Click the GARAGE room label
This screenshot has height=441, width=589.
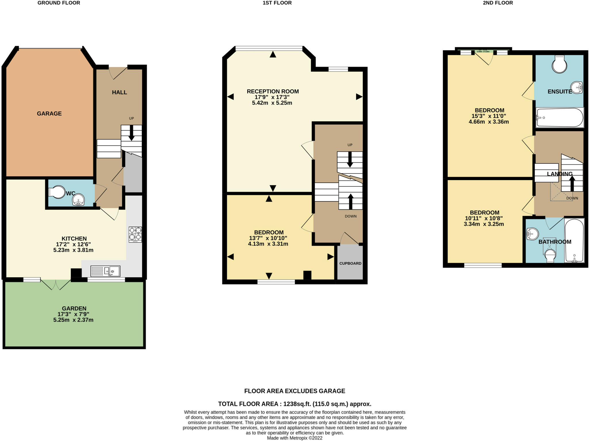coord(49,113)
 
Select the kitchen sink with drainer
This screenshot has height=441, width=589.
coord(105,271)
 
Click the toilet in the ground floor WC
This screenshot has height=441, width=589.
coord(57,192)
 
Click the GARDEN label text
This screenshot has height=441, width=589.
coord(74,308)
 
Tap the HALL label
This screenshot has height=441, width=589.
coord(119,92)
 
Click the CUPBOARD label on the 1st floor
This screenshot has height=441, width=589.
coord(350,263)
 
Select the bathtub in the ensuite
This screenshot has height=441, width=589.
coord(559,117)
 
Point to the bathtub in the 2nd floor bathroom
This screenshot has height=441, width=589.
coord(574,240)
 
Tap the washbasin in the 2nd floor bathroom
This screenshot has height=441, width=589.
coord(532,234)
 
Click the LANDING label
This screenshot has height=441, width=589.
coord(559,174)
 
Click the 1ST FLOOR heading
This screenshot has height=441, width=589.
coord(277,3)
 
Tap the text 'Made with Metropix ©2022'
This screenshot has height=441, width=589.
coord(294,438)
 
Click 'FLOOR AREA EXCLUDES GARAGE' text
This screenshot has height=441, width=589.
coord(294,391)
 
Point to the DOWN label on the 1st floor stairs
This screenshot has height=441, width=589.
coord(351,216)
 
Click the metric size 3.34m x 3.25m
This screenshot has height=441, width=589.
coord(484,224)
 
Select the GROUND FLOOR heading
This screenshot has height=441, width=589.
coord(59,3)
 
